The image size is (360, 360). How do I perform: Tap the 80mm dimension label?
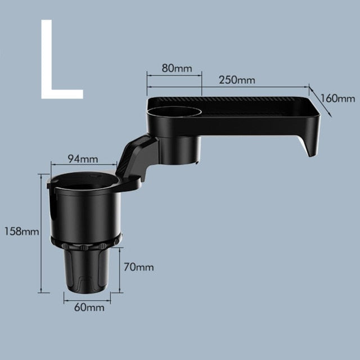click(x=176, y=69)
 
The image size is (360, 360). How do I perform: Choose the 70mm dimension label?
click(x=139, y=267)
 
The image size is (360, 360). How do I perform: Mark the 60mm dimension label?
click(x=88, y=307)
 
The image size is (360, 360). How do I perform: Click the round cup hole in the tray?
click(x=174, y=111)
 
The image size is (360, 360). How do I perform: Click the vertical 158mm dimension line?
click(x=40, y=233)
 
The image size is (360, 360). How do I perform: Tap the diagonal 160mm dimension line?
click(x=320, y=102)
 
